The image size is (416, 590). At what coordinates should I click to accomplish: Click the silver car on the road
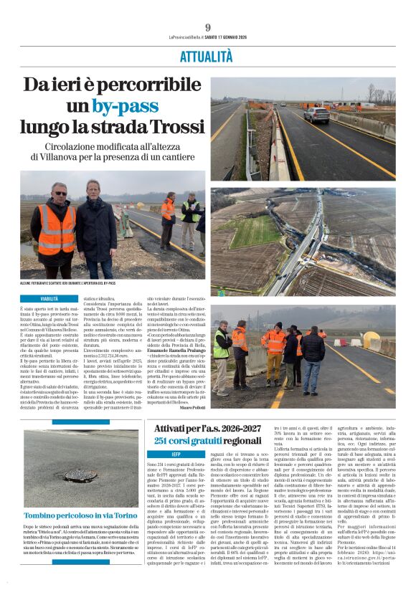(316, 115)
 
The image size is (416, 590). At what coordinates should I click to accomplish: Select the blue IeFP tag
(176, 455)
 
